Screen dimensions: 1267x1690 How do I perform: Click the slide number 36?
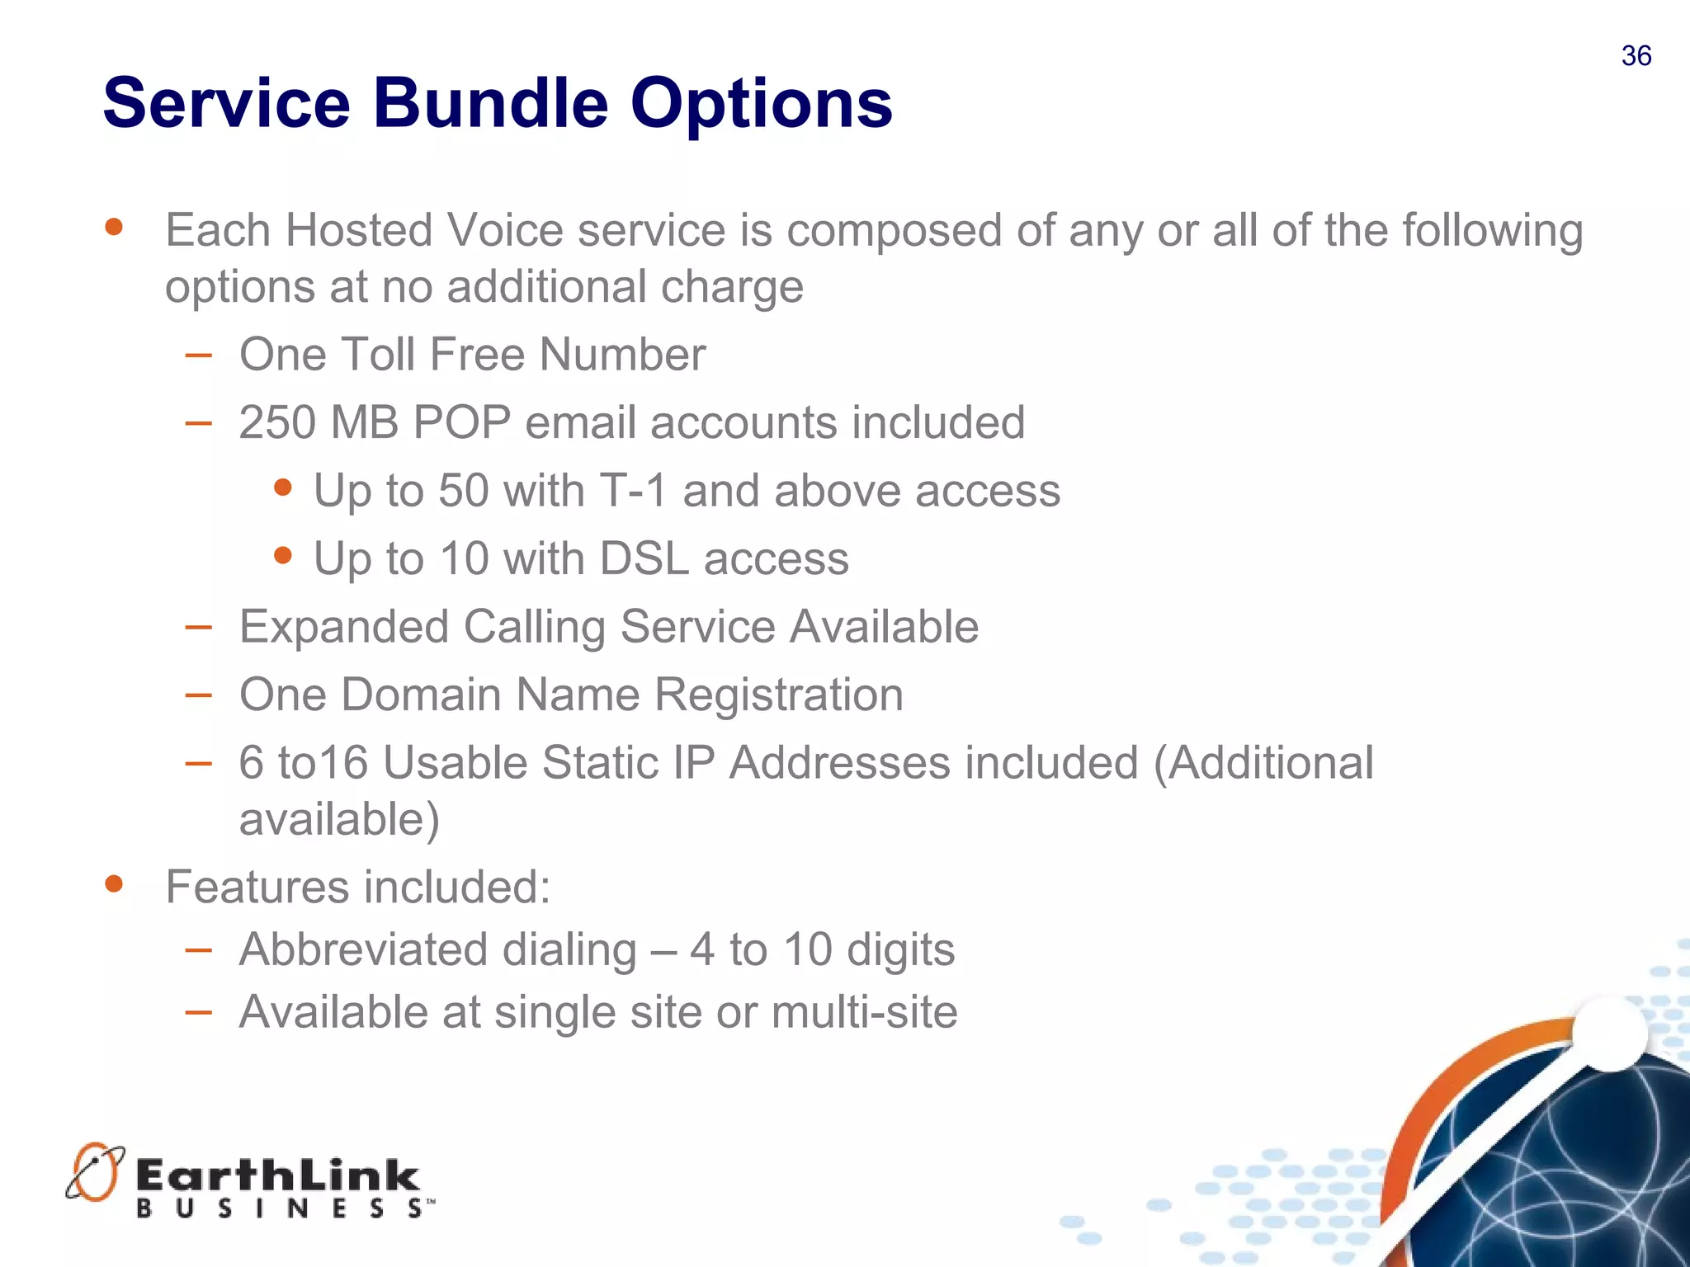tap(1636, 56)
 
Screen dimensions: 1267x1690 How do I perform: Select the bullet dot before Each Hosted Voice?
tap(114, 227)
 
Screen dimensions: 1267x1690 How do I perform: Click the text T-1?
tap(633, 491)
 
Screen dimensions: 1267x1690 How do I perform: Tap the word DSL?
tap(644, 559)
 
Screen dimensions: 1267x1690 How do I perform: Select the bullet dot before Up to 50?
tap(282, 487)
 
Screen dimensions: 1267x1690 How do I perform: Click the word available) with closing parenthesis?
tap(339, 820)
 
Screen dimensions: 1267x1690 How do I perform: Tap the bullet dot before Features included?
tap(114, 884)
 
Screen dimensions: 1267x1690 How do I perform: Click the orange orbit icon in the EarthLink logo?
tap(95, 1171)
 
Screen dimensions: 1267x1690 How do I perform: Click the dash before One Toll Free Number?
tap(198, 356)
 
